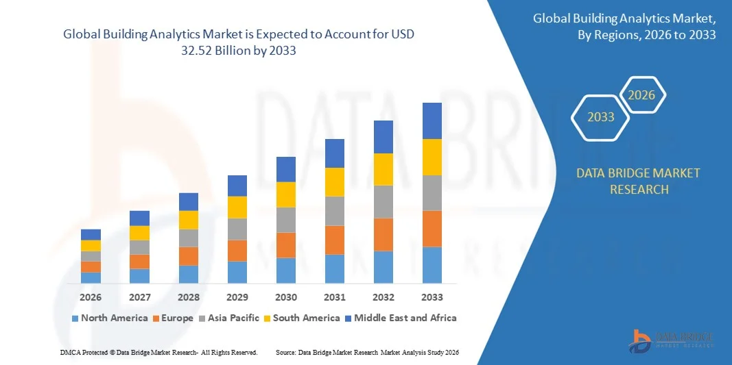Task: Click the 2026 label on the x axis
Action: [x=91, y=297]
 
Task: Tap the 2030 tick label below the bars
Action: [x=286, y=297]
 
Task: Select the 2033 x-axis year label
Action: [x=432, y=297]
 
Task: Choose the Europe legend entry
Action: [x=175, y=318]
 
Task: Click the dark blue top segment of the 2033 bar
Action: [x=432, y=121]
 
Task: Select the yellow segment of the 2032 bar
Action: [x=383, y=169]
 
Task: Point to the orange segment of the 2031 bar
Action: [x=335, y=240]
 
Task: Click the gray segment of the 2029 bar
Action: [x=237, y=229]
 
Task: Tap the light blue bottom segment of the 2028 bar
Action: [x=189, y=274]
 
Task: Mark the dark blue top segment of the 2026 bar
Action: [x=91, y=234]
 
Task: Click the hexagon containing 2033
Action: [x=601, y=117]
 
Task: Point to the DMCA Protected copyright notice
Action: [x=158, y=352]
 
